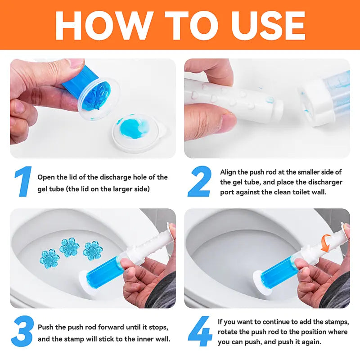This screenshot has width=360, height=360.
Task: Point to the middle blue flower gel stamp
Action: tap(69, 247)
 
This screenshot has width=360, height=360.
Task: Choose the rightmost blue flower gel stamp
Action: tap(93, 251)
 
